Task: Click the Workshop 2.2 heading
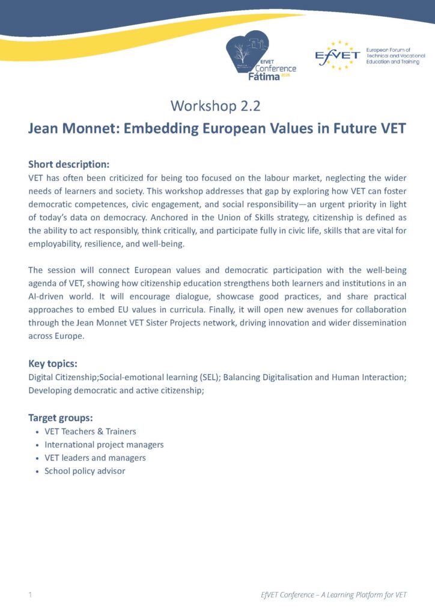tap(217, 106)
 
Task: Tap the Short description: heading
tap(68, 164)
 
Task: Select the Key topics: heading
tap(53, 363)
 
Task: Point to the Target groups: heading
tap(61, 417)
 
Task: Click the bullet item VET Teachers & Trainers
tap(90, 431)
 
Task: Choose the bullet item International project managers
tap(104, 445)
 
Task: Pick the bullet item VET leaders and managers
tap(95, 458)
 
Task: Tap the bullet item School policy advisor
tap(85, 471)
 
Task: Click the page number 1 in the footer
tap(30, 595)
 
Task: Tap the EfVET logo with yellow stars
tap(338, 55)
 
